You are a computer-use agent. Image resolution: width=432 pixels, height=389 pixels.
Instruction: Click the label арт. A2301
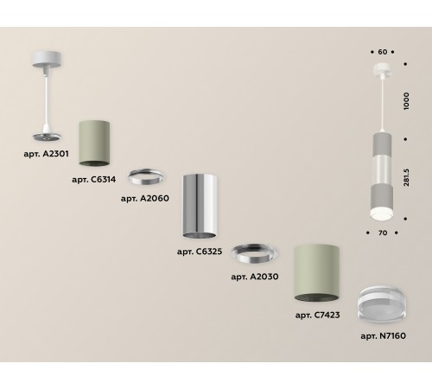[x=47, y=154]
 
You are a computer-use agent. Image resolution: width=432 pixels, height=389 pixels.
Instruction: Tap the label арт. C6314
[x=94, y=180]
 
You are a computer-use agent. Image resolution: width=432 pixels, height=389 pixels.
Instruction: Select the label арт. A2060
[x=145, y=199]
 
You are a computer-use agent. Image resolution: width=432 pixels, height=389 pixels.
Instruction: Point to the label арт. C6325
[x=200, y=252]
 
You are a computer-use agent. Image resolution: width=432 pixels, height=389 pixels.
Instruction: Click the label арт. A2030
[x=255, y=277]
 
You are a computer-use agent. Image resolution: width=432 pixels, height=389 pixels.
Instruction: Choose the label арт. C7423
[x=317, y=315]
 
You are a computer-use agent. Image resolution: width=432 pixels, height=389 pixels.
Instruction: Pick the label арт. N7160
[x=384, y=336]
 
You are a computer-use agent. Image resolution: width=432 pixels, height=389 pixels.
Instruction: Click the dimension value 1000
[x=406, y=101]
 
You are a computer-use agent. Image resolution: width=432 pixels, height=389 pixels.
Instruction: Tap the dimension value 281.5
[x=406, y=177]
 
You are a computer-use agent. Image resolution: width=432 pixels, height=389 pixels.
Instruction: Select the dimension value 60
[x=383, y=52]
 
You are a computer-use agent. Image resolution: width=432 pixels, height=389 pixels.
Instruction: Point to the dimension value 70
[x=383, y=233]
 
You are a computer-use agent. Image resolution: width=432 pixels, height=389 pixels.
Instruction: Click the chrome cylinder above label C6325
[x=200, y=207]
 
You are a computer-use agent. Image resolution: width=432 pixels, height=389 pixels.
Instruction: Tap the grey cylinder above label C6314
[x=94, y=143]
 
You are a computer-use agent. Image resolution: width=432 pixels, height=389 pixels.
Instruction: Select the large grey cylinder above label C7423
[x=316, y=273]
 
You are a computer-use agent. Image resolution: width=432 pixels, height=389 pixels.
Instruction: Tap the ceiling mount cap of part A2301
[x=47, y=60]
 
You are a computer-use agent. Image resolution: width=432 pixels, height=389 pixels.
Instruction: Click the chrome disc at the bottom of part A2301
[x=47, y=137]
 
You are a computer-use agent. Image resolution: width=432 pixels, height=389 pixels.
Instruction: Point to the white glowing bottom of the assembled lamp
[x=382, y=214]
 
